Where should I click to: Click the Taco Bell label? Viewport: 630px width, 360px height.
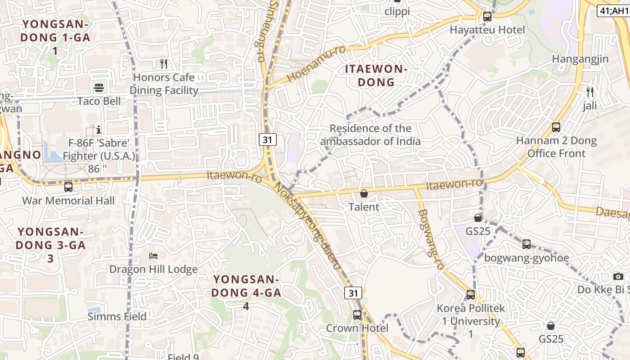tap(99, 101)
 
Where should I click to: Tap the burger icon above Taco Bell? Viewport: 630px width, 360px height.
tap(99, 87)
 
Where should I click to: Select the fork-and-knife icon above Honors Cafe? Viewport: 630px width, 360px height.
tap(164, 64)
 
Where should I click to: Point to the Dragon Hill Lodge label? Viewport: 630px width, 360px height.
tap(153, 269)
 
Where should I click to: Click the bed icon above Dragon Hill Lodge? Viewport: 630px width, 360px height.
tap(153, 256)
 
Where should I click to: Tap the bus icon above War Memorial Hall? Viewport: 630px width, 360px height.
tap(68, 187)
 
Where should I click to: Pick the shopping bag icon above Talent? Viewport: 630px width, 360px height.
tap(364, 193)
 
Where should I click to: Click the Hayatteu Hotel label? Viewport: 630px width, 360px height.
tap(487, 30)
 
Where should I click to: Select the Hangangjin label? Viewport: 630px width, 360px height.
tap(580, 59)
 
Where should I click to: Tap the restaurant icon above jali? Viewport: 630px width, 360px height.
tap(590, 92)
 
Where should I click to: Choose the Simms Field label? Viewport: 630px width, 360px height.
tap(117, 316)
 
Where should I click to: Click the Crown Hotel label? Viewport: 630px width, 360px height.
tap(357, 328)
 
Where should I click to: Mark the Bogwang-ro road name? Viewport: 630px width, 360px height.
tap(431, 240)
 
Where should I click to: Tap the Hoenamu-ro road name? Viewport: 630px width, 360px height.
tap(316, 63)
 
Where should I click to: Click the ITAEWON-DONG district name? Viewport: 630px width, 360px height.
tap(376, 76)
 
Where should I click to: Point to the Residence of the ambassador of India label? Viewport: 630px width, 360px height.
tap(370, 135)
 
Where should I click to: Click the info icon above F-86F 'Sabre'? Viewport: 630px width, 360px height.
tap(99, 130)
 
